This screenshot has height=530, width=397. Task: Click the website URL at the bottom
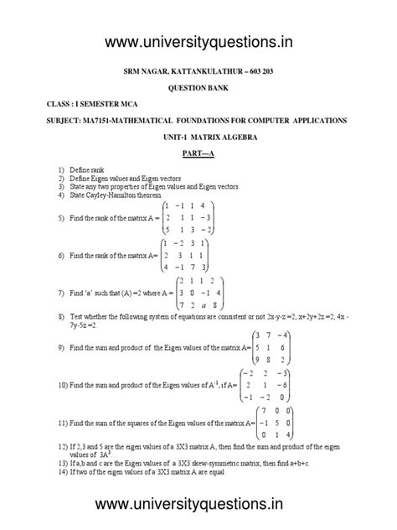click(199, 503)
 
